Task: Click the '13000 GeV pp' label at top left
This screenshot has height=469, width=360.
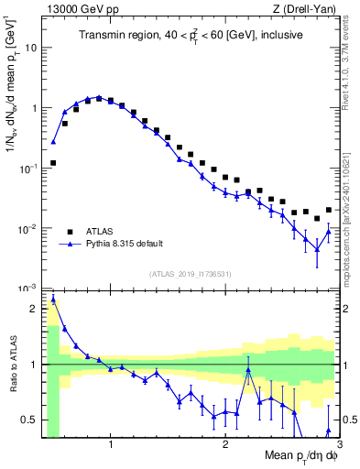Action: tap(76, 8)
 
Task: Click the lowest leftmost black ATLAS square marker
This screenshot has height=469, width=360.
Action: tap(53, 163)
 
